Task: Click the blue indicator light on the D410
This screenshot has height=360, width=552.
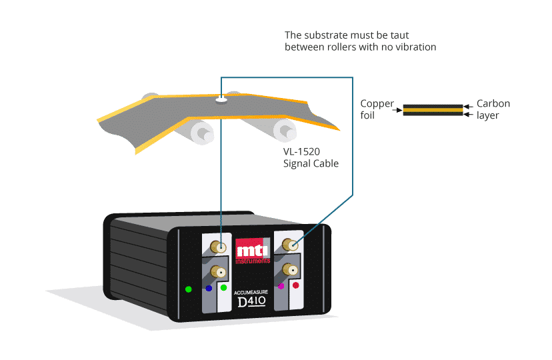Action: (x=209, y=289)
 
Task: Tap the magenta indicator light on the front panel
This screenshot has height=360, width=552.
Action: (x=281, y=285)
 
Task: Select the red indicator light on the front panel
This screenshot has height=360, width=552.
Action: (x=295, y=285)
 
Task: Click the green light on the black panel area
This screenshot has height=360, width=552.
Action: (x=189, y=289)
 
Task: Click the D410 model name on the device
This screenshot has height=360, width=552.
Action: (x=252, y=302)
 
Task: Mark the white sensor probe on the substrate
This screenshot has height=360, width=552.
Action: (x=221, y=101)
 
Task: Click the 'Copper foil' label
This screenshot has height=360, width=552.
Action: (x=377, y=109)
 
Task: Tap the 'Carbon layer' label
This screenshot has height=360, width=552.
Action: (x=493, y=109)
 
